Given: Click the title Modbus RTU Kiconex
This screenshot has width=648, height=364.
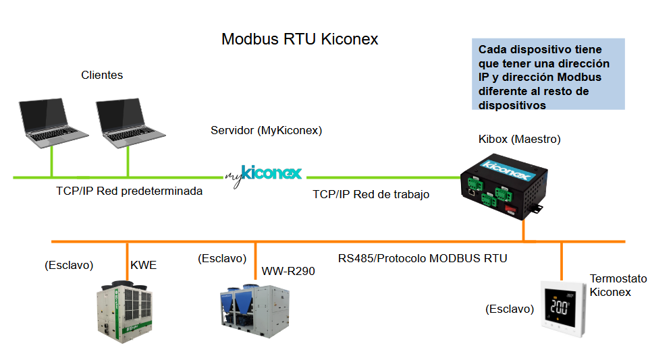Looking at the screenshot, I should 300,39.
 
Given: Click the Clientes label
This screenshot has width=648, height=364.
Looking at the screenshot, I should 102,75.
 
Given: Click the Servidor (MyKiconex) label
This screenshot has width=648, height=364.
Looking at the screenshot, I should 267,129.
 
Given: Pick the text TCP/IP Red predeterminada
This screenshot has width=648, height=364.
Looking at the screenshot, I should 129,191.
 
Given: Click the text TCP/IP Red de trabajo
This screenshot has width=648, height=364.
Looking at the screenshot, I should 371,194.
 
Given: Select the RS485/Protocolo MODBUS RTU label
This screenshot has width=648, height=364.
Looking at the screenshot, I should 423,258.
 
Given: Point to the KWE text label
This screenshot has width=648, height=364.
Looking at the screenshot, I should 143,265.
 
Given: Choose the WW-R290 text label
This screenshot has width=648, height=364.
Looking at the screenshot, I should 288,271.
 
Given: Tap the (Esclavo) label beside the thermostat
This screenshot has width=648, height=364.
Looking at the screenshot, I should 510,309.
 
